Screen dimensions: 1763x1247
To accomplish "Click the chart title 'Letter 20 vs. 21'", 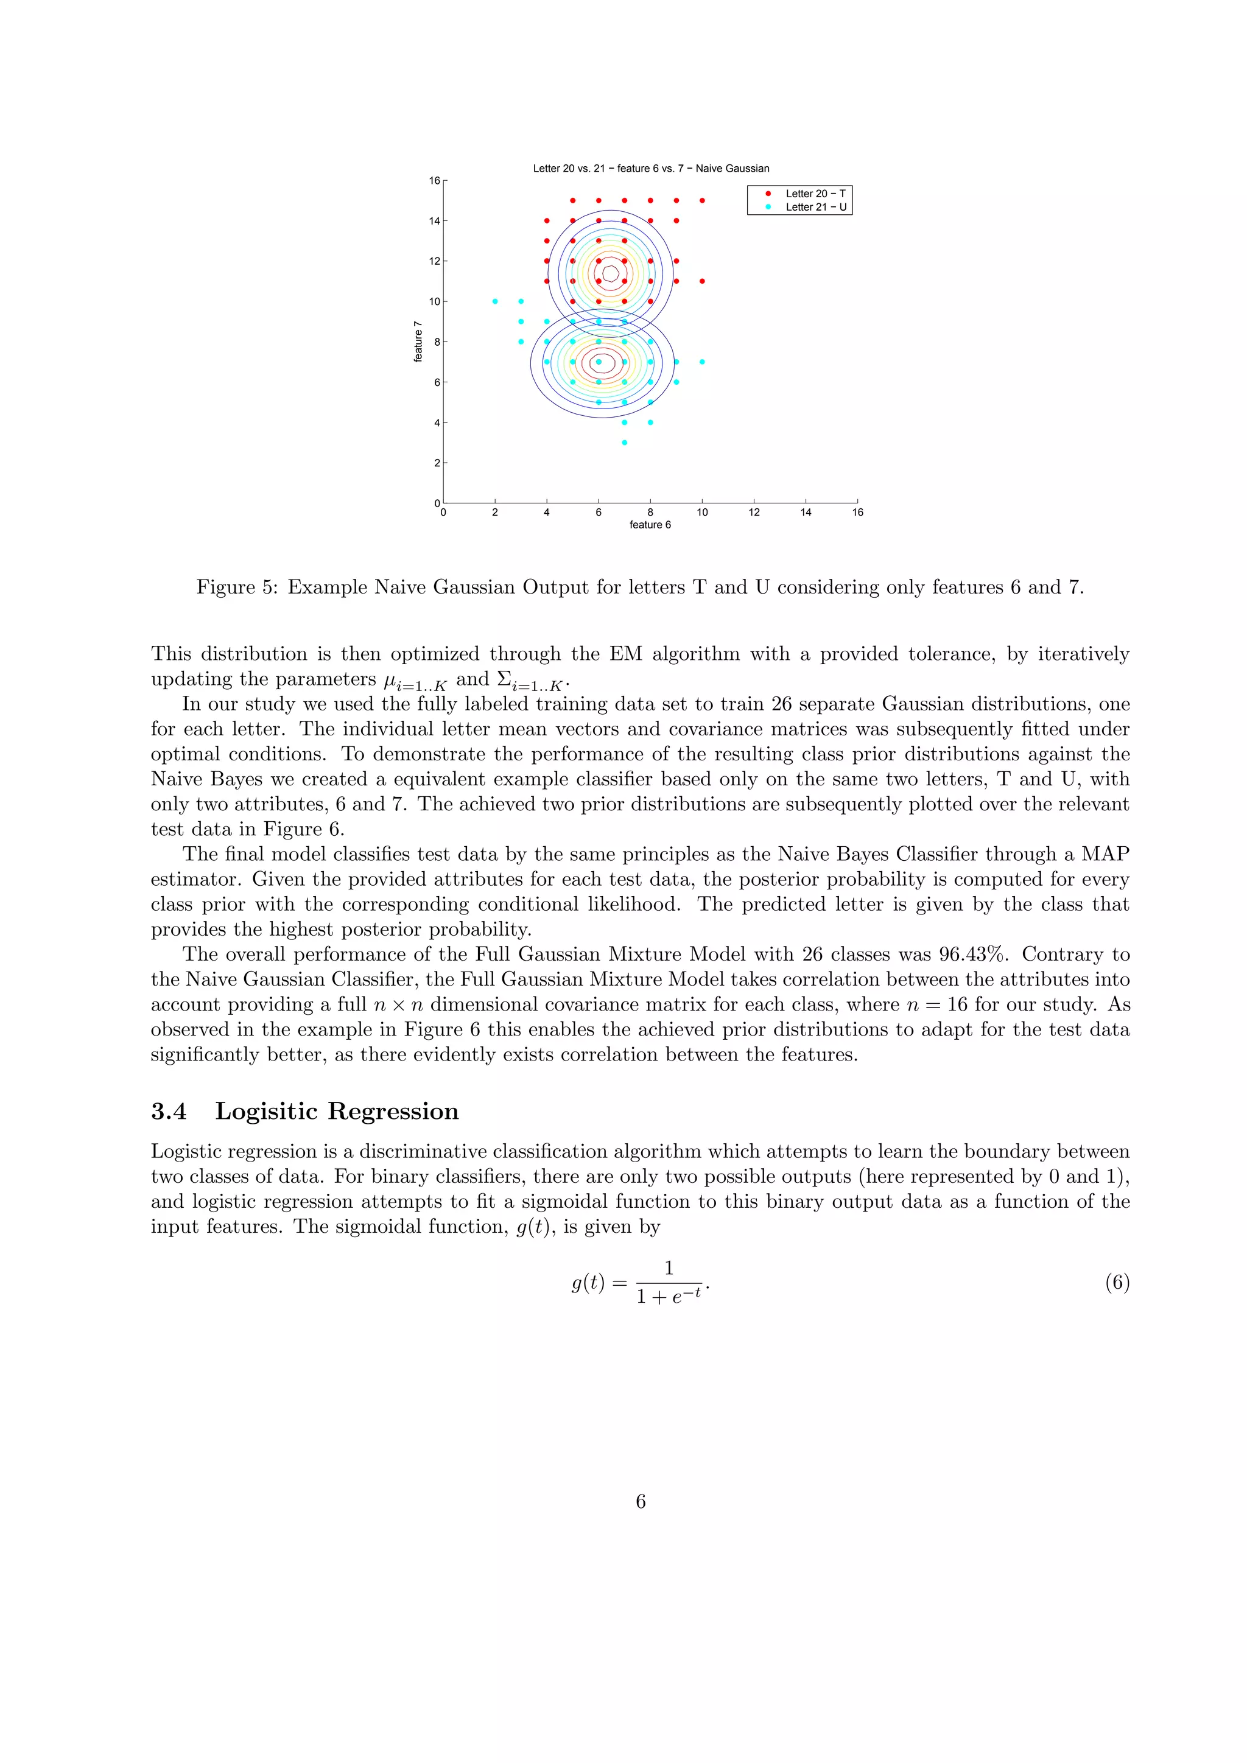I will coord(650,168).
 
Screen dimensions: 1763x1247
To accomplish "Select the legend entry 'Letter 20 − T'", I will coord(815,194).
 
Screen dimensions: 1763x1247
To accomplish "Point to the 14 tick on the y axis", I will coord(435,221).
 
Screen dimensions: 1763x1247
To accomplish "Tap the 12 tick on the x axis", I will coord(754,512).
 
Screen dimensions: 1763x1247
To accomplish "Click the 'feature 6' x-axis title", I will coord(650,525).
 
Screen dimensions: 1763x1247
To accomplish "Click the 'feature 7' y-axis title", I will coord(418,342).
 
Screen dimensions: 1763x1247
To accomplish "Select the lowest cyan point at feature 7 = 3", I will coord(624,443).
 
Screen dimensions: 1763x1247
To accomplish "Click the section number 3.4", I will coord(168,1111).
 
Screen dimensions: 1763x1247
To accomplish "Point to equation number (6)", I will coord(1117,1282).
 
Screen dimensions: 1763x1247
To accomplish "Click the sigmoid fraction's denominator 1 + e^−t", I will coord(668,1297).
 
